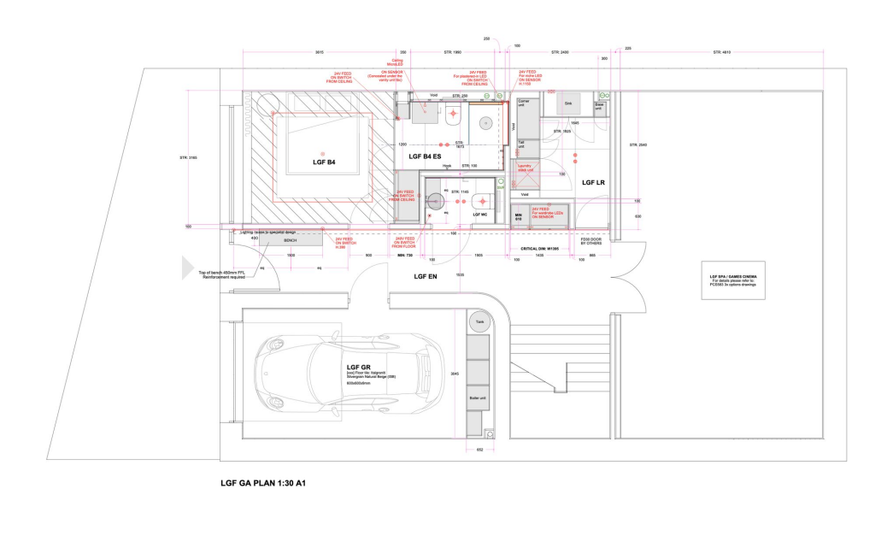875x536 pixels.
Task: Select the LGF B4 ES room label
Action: coord(425,157)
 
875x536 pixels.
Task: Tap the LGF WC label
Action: coord(479,215)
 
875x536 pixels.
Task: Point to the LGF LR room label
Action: coord(593,183)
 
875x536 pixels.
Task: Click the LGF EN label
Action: coord(426,277)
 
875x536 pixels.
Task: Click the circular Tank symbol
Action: coord(479,322)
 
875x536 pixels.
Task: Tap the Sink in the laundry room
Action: coord(568,103)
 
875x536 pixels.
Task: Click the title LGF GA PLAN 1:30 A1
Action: coord(262,483)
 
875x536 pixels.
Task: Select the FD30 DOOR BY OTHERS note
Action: coord(591,242)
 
